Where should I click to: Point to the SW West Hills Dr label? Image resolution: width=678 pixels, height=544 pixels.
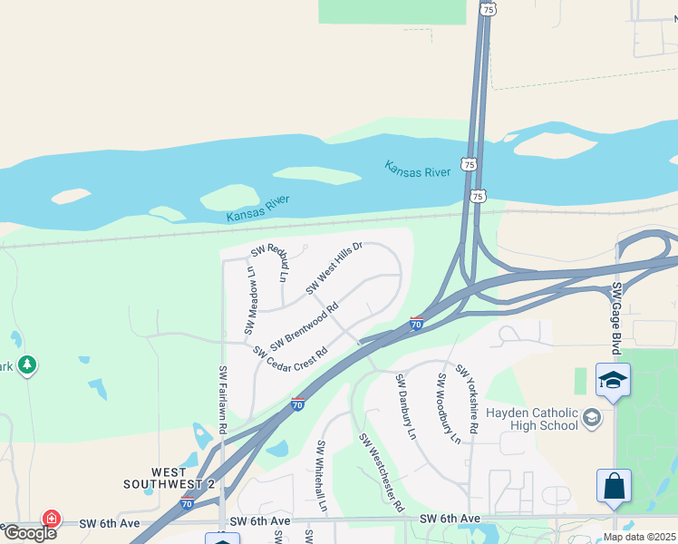click(334, 268)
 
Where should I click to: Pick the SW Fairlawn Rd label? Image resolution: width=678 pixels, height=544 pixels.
click(221, 398)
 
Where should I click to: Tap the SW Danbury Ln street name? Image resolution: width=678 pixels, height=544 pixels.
click(405, 407)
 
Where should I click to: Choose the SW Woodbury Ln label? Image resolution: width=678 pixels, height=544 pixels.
click(450, 408)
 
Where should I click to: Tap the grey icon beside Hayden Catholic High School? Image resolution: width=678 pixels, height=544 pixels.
click(593, 417)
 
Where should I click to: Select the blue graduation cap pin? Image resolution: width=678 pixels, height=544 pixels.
click(613, 381)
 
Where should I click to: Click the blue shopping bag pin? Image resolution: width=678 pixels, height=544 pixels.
click(614, 485)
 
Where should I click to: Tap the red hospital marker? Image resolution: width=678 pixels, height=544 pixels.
click(52, 520)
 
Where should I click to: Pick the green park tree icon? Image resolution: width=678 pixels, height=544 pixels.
click(27, 364)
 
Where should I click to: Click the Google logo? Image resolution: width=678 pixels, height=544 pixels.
click(30, 532)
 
